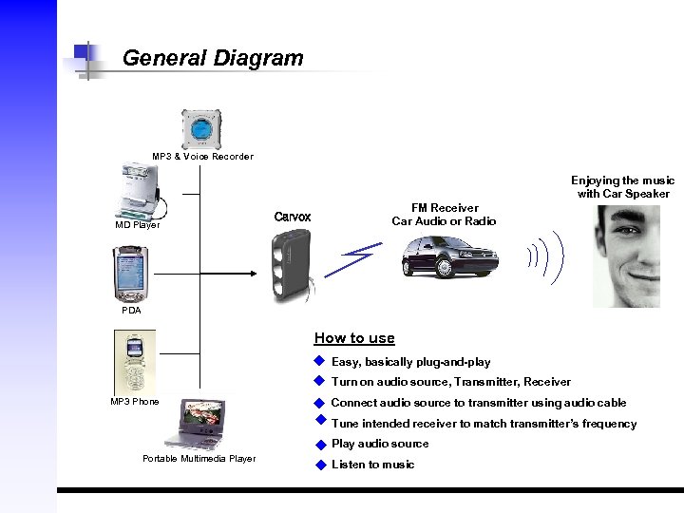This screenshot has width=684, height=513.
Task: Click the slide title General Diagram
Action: click(x=213, y=58)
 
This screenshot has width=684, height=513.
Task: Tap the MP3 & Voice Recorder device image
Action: click(x=201, y=129)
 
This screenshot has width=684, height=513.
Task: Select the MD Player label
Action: click(x=137, y=225)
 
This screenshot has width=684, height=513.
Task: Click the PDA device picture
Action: click(x=130, y=274)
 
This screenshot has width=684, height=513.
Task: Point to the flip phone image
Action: click(x=134, y=361)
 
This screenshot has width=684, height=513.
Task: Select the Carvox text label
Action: click(x=292, y=218)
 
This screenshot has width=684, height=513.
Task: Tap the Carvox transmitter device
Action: click(x=290, y=266)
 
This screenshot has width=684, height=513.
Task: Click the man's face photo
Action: click(x=626, y=256)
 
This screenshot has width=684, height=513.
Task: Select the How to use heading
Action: click(x=353, y=338)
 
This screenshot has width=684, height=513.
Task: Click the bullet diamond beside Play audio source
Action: click(x=321, y=445)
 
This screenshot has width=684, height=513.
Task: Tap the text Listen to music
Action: click(x=372, y=465)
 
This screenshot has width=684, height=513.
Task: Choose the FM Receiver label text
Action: click(x=444, y=215)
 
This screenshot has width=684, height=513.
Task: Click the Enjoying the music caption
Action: click(x=622, y=186)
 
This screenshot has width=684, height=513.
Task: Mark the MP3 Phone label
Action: click(x=135, y=402)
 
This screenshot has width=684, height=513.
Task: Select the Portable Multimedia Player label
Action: click(x=199, y=459)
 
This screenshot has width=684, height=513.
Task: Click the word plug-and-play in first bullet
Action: click(x=458, y=362)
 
